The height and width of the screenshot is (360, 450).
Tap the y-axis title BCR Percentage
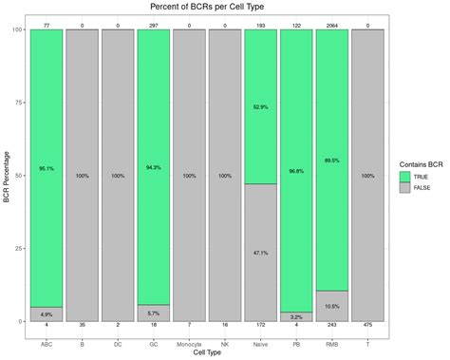click(x=8, y=176)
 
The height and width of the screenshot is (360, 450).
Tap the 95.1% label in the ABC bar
click(x=46, y=168)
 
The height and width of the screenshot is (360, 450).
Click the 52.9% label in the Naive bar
click(x=260, y=106)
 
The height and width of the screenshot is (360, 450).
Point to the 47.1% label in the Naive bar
click(x=260, y=253)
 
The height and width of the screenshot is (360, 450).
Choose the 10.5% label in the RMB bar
click(x=331, y=306)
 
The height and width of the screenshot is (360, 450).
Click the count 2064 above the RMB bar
click(x=331, y=23)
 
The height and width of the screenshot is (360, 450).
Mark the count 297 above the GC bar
click(x=153, y=23)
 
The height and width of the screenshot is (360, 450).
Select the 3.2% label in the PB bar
click(x=295, y=316)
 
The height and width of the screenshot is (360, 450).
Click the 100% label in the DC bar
click(x=117, y=176)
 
